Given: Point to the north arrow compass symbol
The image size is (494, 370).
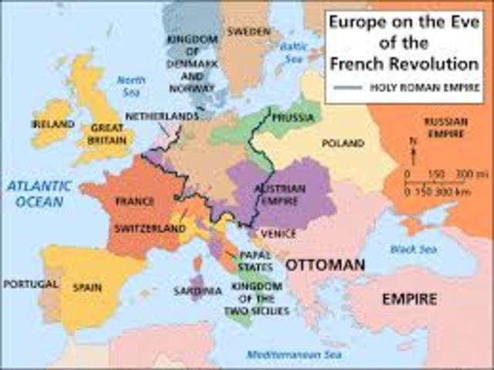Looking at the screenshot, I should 415,147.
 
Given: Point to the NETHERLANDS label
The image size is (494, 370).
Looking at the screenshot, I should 162,116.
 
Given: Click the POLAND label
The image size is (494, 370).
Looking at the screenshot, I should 343,143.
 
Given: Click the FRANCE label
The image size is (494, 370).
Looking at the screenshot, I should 135,201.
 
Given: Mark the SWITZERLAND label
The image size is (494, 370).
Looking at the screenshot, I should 150,229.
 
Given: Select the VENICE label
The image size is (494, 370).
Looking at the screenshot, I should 279,233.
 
